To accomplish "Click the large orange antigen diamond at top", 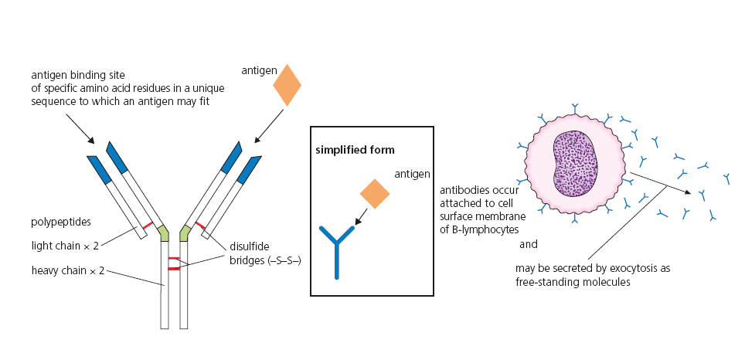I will click(287, 84).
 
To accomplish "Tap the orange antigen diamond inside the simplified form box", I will click(375, 194).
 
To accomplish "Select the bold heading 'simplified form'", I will click(355, 149).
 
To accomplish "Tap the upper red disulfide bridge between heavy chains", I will click(174, 259).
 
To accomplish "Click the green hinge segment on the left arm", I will click(162, 231).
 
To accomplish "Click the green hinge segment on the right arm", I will click(185, 231).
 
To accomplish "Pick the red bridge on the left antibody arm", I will click(146, 226).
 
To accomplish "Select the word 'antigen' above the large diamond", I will click(258, 70).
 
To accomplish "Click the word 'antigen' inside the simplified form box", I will click(413, 175).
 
